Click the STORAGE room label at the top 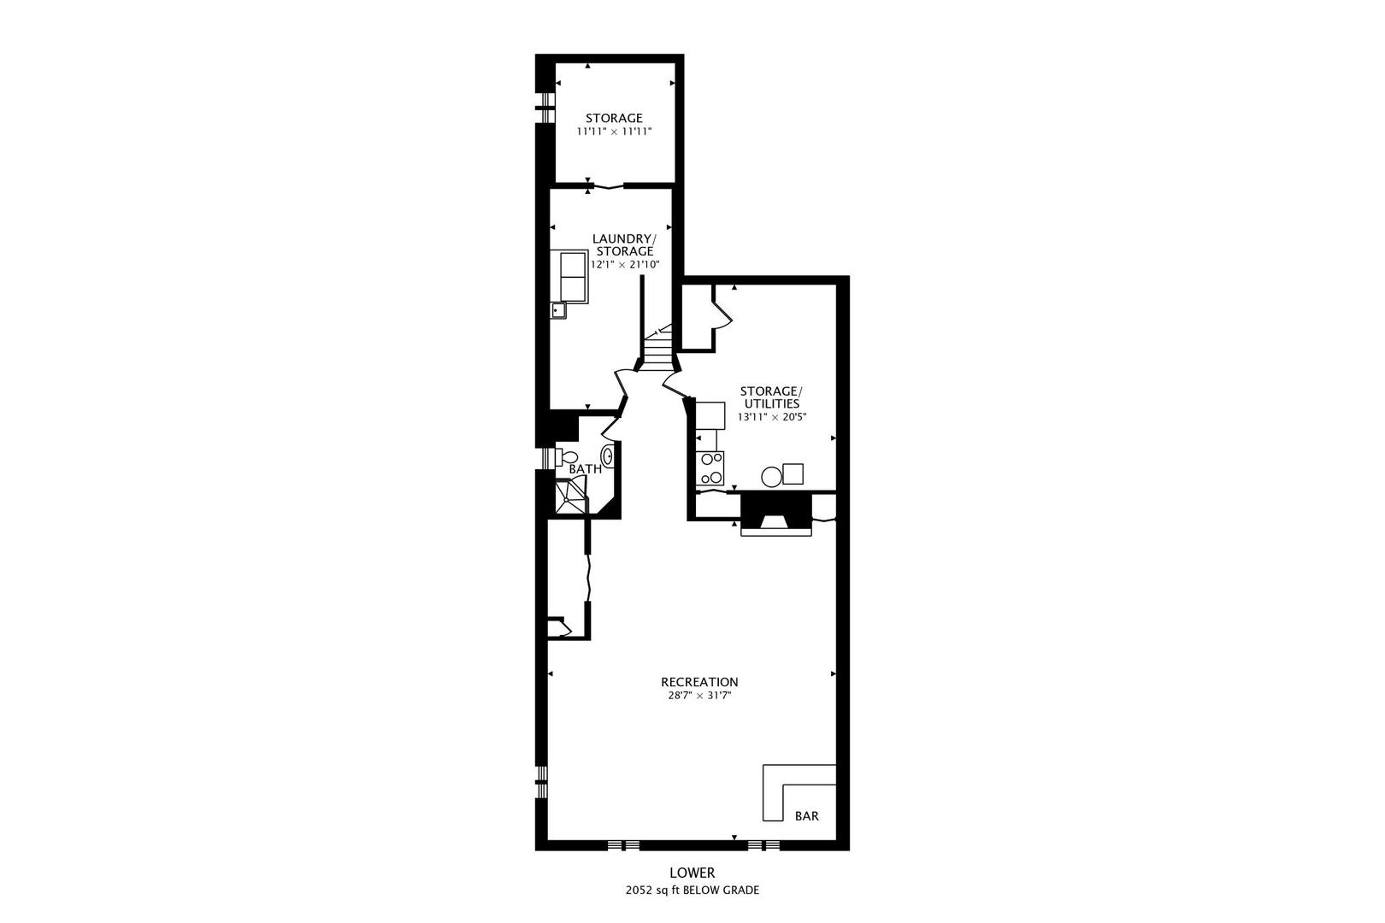(614, 118)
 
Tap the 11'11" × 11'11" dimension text (614, 132)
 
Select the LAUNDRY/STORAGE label (624, 244)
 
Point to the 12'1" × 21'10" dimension (625, 265)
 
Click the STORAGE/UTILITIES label (771, 397)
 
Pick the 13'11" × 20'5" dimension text (772, 417)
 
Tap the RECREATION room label (699, 682)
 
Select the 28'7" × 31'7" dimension (699, 696)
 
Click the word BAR (806, 816)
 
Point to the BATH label (585, 469)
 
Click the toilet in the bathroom (562, 457)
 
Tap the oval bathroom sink (607, 457)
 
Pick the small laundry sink (559, 310)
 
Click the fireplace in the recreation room (775, 514)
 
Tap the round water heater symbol (771, 477)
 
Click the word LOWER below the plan (692, 873)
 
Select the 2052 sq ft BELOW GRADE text (692, 891)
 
